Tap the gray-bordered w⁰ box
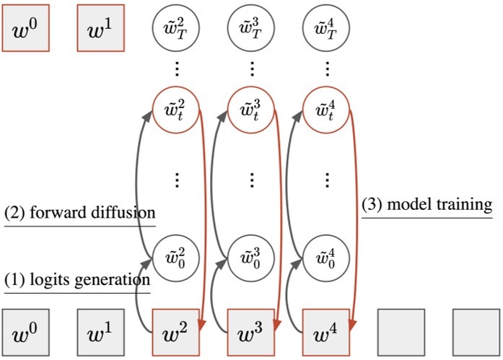[x=25, y=333]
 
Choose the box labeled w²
[x=176, y=333]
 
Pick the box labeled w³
[x=251, y=333]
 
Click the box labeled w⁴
[x=326, y=333]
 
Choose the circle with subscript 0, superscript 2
[x=176, y=256]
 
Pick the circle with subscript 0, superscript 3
[x=251, y=256]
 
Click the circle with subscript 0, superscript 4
[x=326, y=256]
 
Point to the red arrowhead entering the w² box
[x=201, y=327]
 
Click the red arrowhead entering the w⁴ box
[x=351, y=327]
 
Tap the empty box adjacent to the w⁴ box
[x=401, y=333]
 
